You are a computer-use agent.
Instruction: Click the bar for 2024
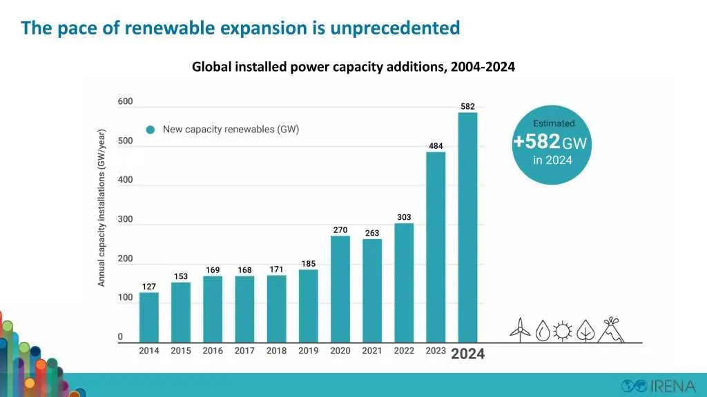point(467,227)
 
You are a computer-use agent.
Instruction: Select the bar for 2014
point(148,317)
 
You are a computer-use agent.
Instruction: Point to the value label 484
point(436,146)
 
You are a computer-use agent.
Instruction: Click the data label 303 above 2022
point(404,217)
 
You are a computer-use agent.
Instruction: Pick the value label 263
point(372,233)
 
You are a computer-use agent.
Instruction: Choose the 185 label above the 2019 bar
point(308,263)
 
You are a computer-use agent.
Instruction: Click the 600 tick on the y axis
point(125,101)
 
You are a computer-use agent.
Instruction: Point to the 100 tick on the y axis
point(125,298)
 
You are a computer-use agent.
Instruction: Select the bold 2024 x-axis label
point(467,354)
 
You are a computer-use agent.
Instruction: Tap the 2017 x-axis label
point(244,351)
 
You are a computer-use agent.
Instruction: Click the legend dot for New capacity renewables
point(151,130)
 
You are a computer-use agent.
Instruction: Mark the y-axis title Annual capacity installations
point(101,207)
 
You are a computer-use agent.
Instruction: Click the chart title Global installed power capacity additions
point(353,67)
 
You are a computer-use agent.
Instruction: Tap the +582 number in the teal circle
point(536,142)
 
